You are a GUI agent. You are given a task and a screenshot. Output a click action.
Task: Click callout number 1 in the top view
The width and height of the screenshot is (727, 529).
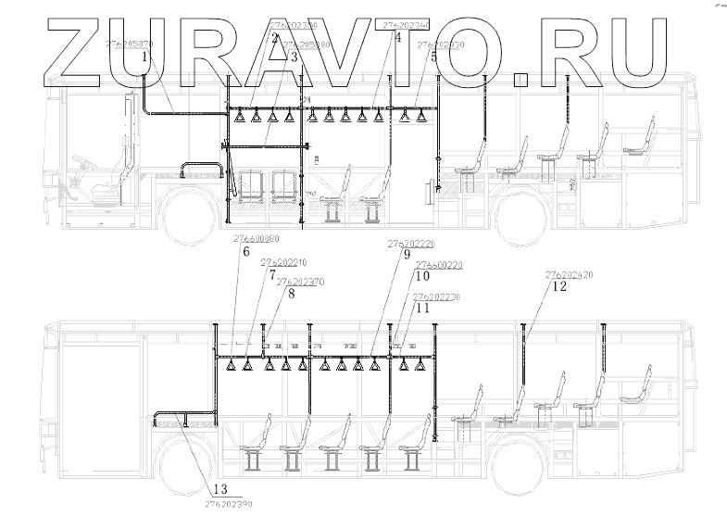click(145, 57)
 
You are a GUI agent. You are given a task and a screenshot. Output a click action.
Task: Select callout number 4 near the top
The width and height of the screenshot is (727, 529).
click(397, 39)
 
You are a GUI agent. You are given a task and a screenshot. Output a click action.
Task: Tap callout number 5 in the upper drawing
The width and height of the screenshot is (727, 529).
click(432, 57)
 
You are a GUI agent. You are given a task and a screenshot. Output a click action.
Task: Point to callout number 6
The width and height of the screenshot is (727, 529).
click(245, 251)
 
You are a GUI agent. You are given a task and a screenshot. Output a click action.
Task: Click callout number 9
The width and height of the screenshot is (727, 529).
click(407, 257)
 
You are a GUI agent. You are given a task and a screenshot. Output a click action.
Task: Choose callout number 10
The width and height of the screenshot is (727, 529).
click(422, 276)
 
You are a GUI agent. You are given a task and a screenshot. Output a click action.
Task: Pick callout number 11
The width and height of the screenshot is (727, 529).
click(422, 309)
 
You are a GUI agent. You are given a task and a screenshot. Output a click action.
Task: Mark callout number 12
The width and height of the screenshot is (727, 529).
click(558, 287)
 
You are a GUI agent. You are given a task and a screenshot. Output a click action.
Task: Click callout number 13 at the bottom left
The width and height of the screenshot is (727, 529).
click(219, 489)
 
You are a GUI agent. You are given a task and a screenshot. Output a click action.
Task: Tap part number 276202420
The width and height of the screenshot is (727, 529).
click(570, 275)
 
